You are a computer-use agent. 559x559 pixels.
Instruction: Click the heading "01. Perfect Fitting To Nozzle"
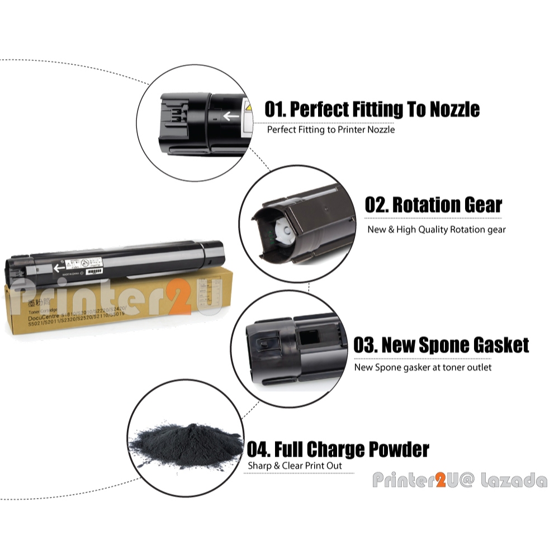click(x=372, y=109)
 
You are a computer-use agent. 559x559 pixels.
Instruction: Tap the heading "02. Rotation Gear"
click(x=433, y=205)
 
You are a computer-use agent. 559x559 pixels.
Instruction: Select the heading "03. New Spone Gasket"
click(x=441, y=345)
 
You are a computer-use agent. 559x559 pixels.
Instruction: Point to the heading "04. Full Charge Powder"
click(x=338, y=449)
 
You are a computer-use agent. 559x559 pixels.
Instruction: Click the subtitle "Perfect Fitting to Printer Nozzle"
click(x=331, y=130)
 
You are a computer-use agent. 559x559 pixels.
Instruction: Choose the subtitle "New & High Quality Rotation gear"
click(x=436, y=229)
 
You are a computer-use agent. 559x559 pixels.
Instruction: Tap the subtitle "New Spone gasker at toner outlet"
click(x=423, y=367)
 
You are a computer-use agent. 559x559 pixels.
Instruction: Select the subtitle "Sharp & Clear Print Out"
click(x=295, y=466)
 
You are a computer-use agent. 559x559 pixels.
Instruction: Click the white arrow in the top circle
click(x=231, y=116)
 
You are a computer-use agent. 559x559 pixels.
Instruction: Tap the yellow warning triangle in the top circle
click(x=249, y=107)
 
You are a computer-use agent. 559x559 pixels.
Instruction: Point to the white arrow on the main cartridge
click(x=59, y=268)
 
